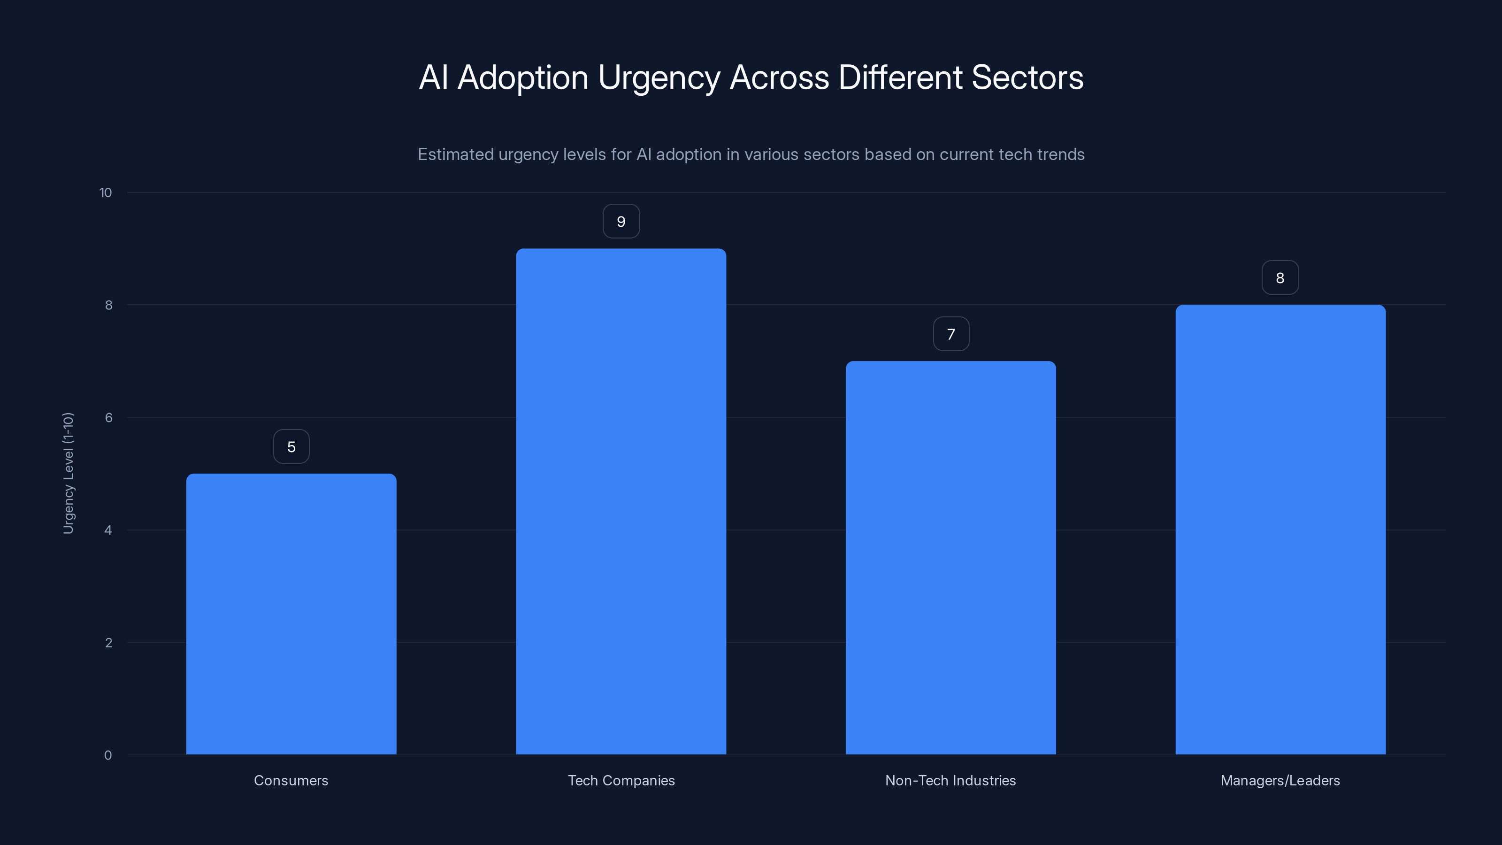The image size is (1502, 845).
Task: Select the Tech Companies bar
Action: [621, 501]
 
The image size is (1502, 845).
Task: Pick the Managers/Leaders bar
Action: [1280, 530]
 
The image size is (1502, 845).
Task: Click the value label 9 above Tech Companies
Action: [621, 222]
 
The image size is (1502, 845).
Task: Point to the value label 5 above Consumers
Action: [291, 447]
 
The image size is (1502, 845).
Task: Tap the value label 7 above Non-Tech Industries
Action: [951, 334]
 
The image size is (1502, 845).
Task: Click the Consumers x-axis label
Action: [291, 780]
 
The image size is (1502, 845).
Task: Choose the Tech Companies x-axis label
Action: [621, 780]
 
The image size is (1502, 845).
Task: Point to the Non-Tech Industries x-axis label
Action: [950, 780]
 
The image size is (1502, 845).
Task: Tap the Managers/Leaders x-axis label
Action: [1280, 780]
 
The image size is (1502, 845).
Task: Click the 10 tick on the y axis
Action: [106, 192]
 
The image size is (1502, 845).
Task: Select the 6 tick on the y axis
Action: [108, 417]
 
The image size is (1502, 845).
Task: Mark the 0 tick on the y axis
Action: [108, 755]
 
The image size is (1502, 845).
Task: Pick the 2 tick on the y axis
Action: [108, 643]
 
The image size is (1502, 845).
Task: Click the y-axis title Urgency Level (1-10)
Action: [68, 473]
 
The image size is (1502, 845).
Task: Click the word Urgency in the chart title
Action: [659, 78]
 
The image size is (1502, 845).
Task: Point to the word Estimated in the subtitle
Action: [455, 154]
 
